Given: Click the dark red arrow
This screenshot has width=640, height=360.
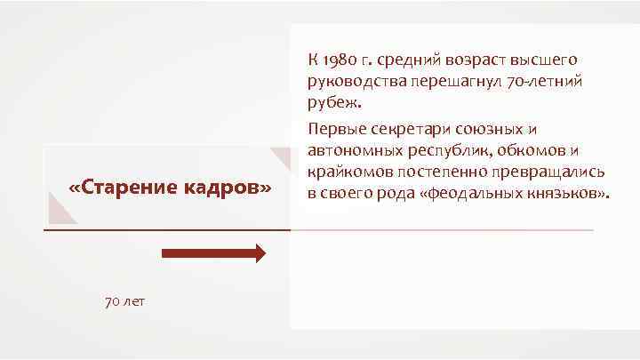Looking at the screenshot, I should pyautogui.click(x=213, y=253).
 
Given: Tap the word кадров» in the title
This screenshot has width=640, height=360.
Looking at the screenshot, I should pyautogui.click(x=228, y=188).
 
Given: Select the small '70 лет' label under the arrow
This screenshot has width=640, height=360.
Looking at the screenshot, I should pyautogui.click(x=125, y=302).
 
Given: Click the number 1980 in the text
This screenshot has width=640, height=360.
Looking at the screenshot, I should pyautogui.click(x=340, y=60).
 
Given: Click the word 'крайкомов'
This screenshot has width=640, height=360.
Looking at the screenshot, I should pyautogui.click(x=345, y=172).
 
